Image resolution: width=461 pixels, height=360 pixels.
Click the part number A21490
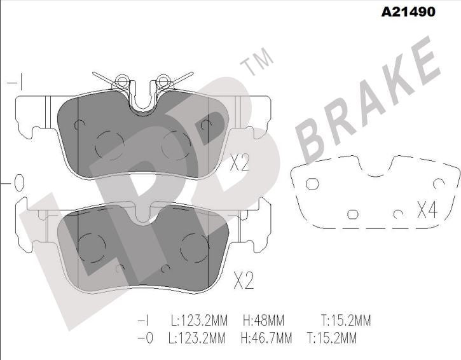[x=408, y=11]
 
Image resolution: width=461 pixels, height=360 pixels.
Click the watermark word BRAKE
[x=368, y=100]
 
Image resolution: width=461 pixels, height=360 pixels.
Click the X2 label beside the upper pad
[x=240, y=162]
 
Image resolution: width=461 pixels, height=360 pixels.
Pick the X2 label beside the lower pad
[x=244, y=280]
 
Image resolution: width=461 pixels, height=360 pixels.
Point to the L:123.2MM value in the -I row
[x=199, y=321]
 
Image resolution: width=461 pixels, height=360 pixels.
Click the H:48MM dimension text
[x=264, y=321]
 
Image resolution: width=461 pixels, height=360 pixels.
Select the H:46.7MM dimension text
[x=266, y=338]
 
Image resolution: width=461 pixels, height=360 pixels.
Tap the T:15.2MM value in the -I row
[x=346, y=321]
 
